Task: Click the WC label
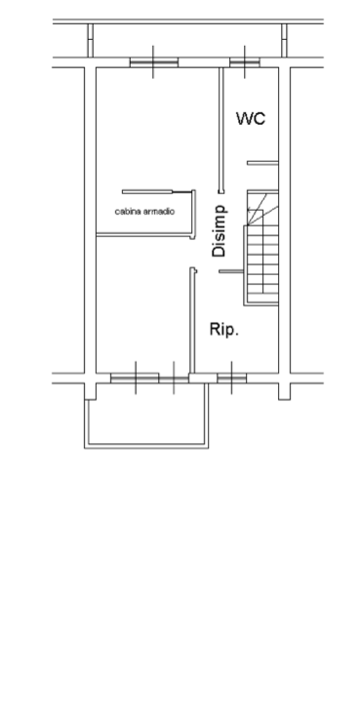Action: [x=251, y=118]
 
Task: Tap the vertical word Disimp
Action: [x=220, y=230]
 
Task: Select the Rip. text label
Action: [x=224, y=329]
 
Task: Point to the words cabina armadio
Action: [x=144, y=212]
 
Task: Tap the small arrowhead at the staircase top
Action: [x=249, y=211]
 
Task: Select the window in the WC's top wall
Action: [x=245, y=62]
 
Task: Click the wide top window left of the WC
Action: [x=154, y=62]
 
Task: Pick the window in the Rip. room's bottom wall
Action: [x=231, y=379]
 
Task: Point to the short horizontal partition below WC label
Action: [x=262, y=163]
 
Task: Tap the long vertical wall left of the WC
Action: [x=220, y=131]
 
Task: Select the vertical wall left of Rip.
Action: [x=192, y=320]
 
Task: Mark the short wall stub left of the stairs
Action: [x=230, y=271]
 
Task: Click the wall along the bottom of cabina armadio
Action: [x=144, y=236]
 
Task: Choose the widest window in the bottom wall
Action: [x=135, y=379]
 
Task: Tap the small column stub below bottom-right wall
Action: [x=284, y=391]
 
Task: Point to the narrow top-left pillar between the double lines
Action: [x=91, y=41]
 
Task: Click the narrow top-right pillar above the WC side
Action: [x=284, y=41]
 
